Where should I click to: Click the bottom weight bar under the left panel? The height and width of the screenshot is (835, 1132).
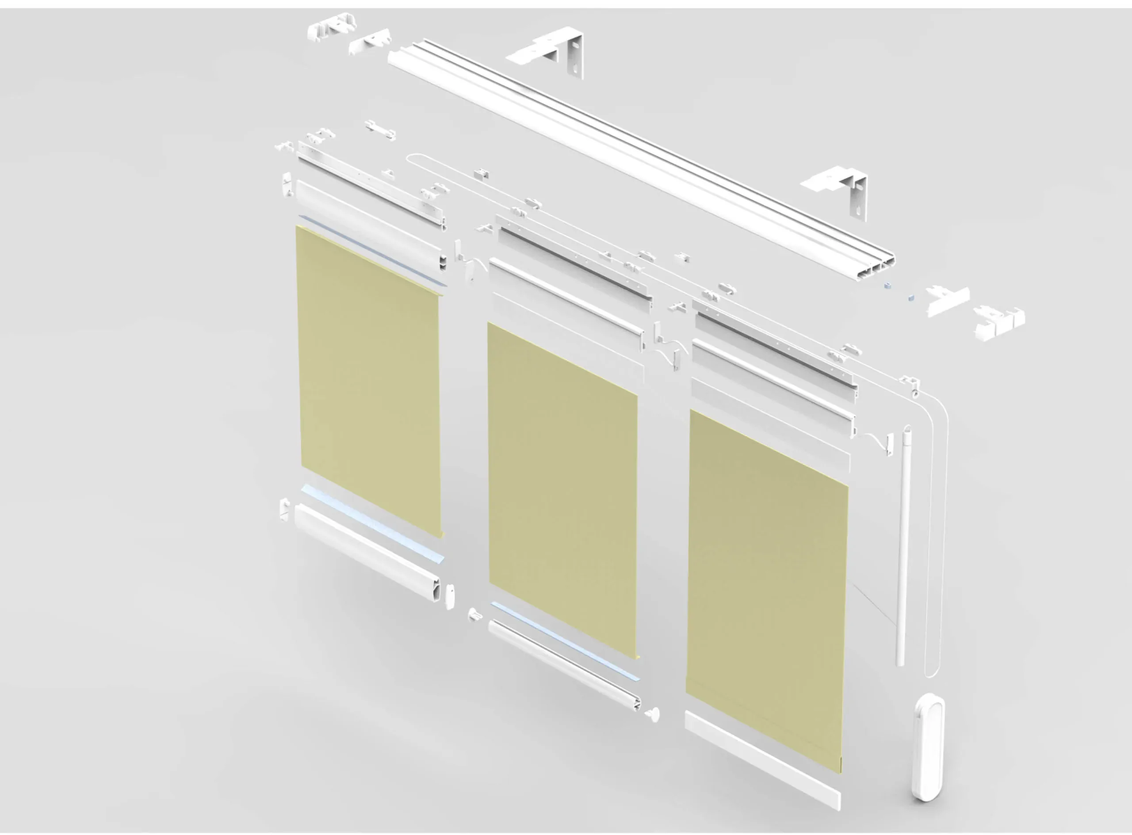point(367,551)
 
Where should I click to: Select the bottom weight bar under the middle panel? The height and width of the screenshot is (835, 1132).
point(564,665)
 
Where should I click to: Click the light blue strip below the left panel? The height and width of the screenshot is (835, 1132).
point(371,523)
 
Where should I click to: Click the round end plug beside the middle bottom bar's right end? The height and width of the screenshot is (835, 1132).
point(653,714)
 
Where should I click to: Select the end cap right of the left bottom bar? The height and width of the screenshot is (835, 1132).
point(449,596)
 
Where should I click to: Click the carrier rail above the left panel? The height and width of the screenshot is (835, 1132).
point(371,184)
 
